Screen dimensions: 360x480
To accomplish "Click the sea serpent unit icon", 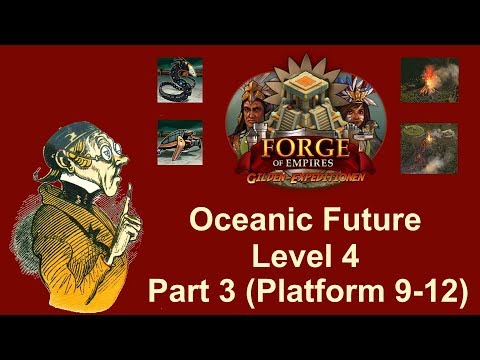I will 181,78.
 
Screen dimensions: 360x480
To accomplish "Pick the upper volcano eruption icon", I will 429,77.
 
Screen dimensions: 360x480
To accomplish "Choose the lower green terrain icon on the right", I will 429,142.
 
